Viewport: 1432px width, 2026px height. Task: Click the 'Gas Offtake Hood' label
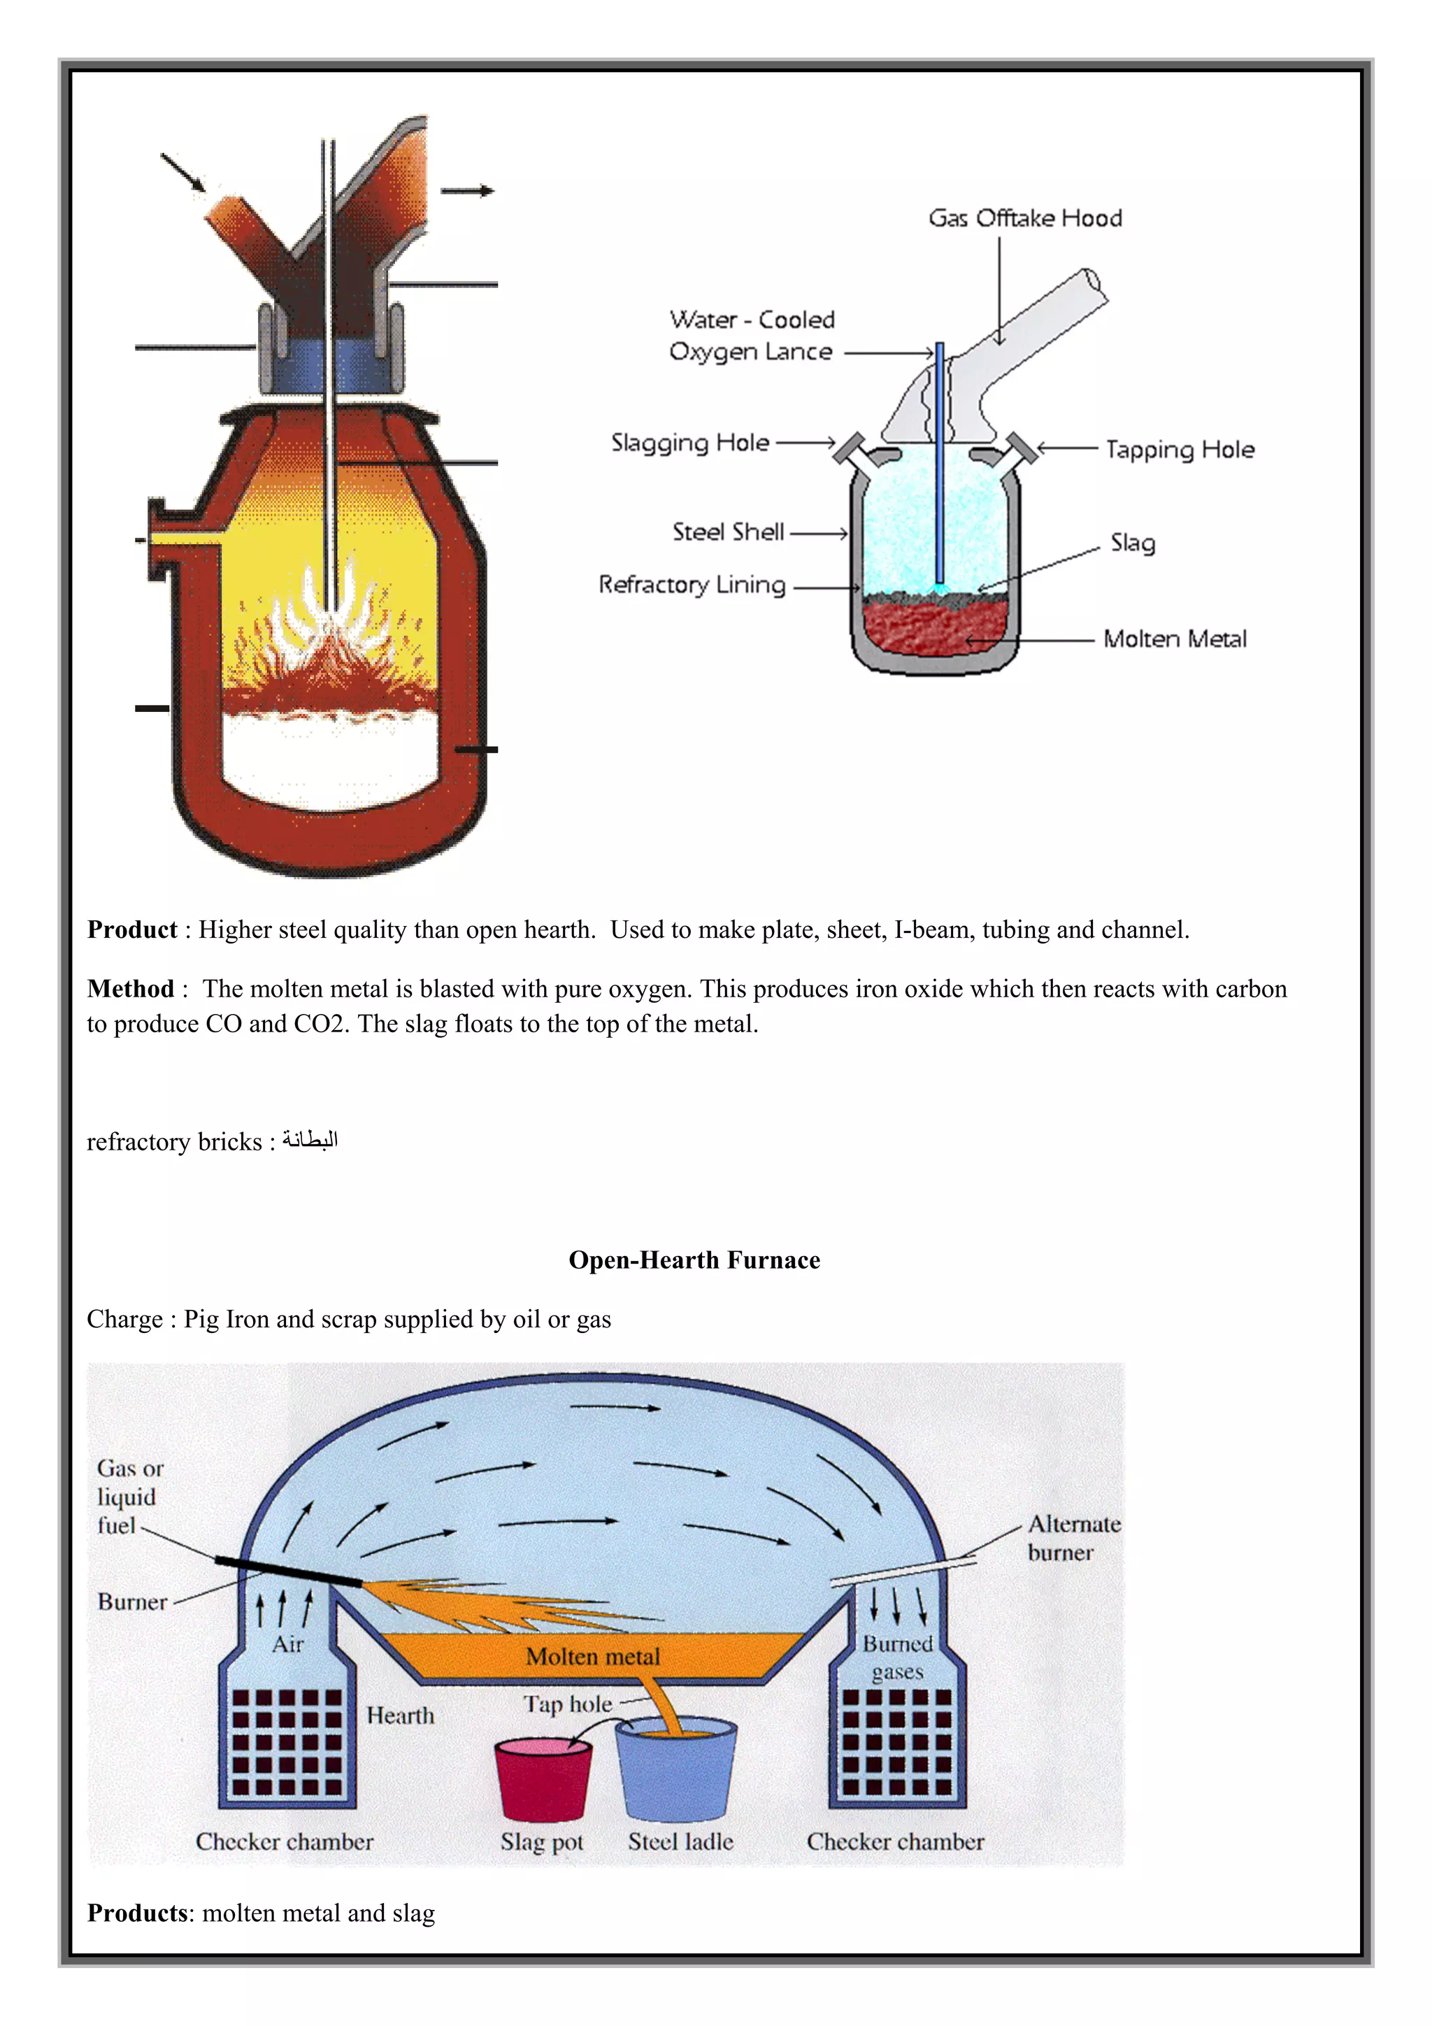tap(1024, 218)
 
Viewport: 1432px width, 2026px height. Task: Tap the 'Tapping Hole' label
tap(1180, 450)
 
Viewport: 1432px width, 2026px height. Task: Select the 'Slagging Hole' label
tap(690, 443)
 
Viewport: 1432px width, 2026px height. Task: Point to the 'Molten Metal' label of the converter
tap(1175, 639)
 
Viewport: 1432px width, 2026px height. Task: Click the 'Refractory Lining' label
tap(692, 585)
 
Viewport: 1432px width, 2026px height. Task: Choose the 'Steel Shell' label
tap(728, 532)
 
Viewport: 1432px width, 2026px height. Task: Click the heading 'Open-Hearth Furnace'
tap(694, 1260)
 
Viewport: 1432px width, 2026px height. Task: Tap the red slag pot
tap(542, 1781)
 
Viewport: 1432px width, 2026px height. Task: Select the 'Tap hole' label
tap(567, 1704)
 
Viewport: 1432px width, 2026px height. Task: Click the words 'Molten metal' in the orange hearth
tap(592, 1656)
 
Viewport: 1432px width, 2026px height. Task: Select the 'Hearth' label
tap(401, 1715)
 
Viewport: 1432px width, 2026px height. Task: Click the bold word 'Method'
tap(131, 989)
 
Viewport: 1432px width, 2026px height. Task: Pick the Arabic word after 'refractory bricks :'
tap(310, 1141)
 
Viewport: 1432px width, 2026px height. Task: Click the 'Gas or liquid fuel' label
tap(129, 1497)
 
